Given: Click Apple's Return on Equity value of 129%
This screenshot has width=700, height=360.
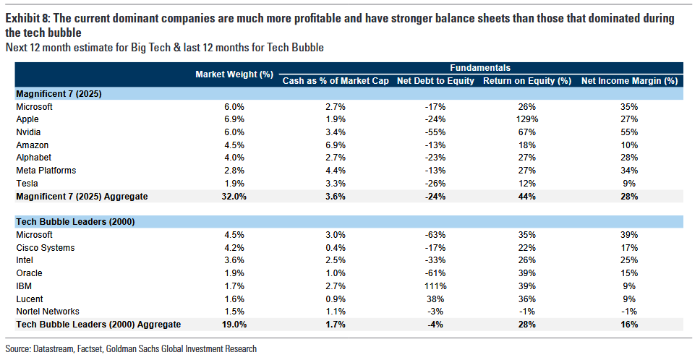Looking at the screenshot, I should tap(526, 119).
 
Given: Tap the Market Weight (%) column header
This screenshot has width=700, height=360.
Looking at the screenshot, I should tap(235, 74).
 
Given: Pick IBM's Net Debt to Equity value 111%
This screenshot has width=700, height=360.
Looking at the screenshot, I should tap(435, 286).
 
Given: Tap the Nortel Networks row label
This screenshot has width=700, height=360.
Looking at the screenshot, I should tap(47, 312).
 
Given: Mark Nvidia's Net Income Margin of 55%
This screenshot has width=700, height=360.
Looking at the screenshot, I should tap(628, 132).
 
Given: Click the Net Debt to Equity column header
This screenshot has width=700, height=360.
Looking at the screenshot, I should tap(435, 80).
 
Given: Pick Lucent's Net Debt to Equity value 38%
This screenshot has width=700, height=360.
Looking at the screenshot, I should tap(435, 299).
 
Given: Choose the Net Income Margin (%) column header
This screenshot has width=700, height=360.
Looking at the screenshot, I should tap(629, 80).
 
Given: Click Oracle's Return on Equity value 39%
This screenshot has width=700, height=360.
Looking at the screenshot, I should tap(526, 273).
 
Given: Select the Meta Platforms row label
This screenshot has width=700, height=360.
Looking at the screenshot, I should tap(46, 170).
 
